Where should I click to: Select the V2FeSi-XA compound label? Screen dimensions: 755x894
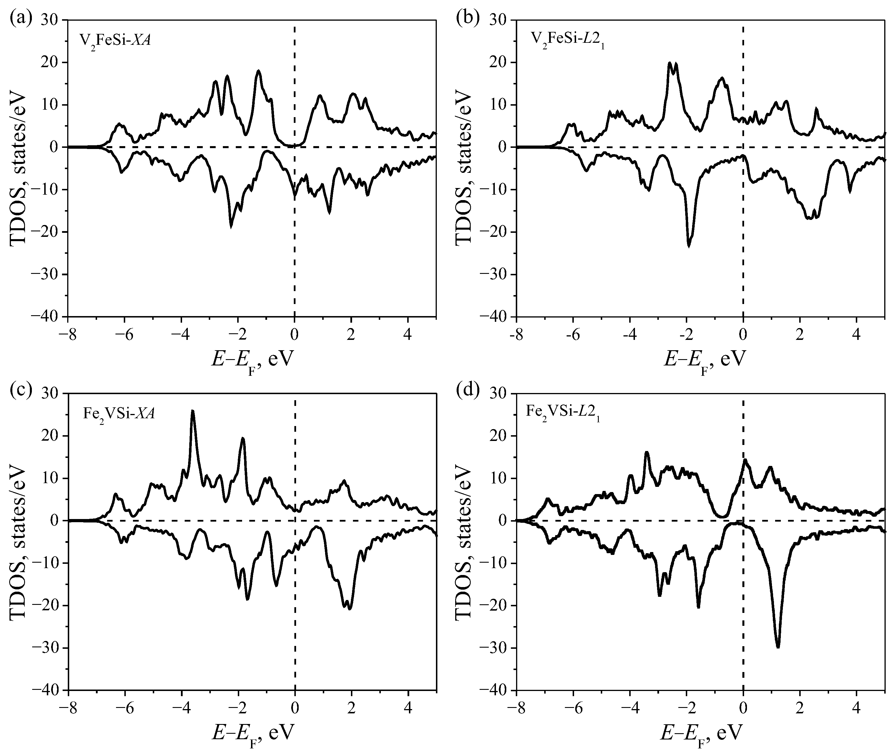click(x=115, y=42)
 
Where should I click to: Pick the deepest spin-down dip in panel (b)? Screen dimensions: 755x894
click(x=689, y=246)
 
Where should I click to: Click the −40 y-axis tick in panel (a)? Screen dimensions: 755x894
click(x=47, y=316)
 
